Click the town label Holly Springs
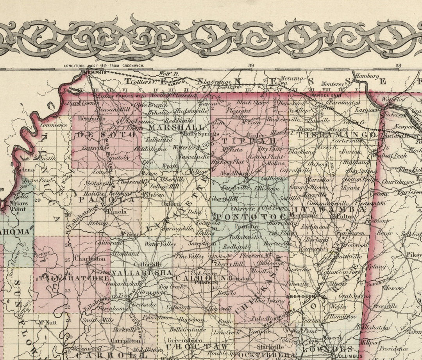point(196,134)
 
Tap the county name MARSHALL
point(176,128)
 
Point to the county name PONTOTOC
point(252,216)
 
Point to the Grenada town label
point(144,304)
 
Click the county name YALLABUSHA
point(142,273)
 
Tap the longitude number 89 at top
point(251,66)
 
